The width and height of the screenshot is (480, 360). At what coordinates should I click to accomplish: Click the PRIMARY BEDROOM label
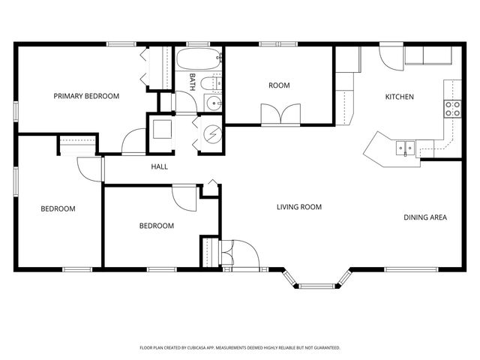[86, 96]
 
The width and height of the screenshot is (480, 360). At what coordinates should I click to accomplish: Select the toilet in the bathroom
[212, 83]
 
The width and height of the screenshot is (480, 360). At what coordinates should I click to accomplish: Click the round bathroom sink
[214, 104]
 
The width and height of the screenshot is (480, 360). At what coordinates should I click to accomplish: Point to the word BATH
[192, 82]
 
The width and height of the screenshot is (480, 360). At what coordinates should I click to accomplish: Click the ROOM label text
[279, 85]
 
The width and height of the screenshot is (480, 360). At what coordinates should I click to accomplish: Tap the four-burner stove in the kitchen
[452, 109]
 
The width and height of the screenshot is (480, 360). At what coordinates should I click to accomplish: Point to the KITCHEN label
[399, 97]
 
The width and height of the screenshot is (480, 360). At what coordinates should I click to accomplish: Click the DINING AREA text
[425, 217]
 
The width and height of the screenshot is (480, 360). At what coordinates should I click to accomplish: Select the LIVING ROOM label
[299, 207]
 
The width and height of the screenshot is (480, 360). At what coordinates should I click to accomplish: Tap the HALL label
[159, 166]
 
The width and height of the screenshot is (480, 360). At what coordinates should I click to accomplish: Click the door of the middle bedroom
[184, 196]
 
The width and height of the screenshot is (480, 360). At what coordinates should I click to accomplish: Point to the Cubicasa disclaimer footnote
[240, 348]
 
